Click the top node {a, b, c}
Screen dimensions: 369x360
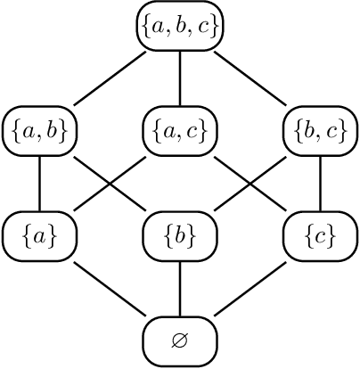180,28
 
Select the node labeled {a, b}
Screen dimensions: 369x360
40,132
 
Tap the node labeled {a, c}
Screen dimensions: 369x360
180,132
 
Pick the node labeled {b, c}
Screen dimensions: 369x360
320,132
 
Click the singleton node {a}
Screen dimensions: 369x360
40,235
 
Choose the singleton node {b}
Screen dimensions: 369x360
180,235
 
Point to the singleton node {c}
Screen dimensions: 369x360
320,235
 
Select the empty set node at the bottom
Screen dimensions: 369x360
180,340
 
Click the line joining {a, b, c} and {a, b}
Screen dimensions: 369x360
110,79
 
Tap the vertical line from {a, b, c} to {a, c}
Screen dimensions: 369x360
180,79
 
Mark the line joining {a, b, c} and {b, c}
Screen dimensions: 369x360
250,79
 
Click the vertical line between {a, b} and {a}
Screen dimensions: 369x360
40,184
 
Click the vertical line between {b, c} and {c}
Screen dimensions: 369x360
320,184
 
